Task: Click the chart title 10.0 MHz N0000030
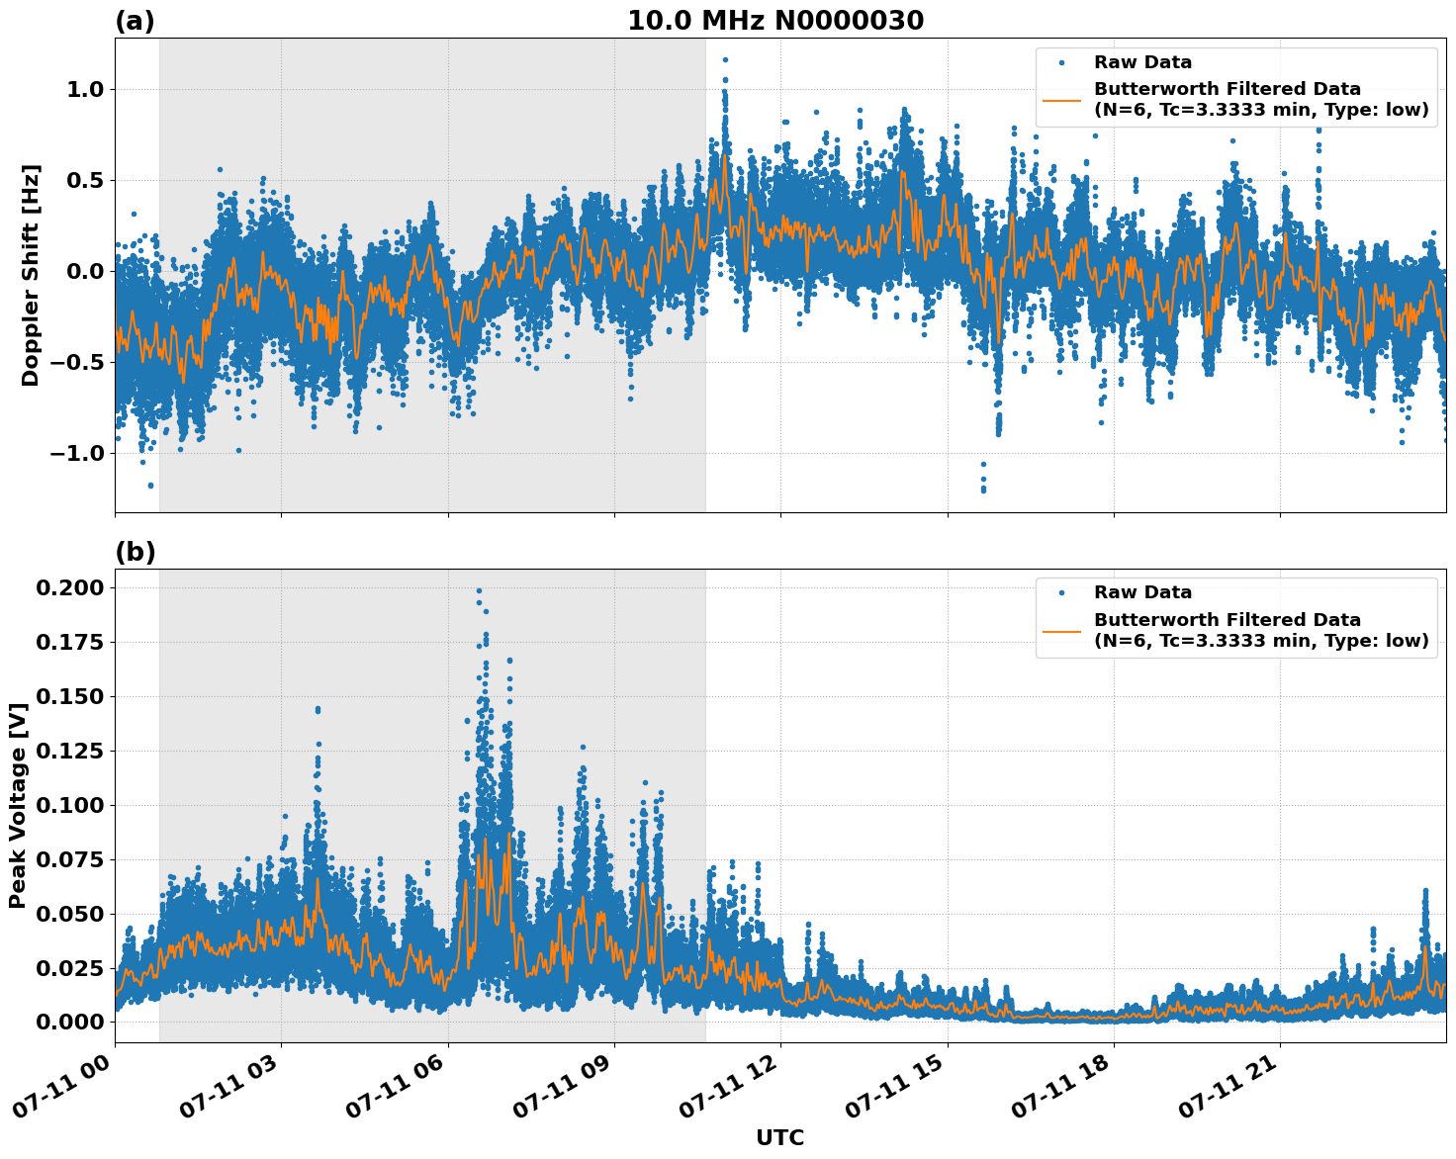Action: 775,21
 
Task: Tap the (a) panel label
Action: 136,21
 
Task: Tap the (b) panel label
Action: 136,552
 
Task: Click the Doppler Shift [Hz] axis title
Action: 31,275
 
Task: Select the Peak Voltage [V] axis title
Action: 17,806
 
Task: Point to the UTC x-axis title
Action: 779,1137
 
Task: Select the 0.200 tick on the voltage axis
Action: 70,588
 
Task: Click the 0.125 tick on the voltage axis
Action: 70,752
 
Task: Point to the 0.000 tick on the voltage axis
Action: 70,1023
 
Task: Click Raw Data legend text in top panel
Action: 1142,62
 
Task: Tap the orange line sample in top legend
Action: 1061,99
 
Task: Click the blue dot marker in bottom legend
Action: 1061,592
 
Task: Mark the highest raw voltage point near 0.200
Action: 479,590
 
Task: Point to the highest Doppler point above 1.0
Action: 725,60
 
